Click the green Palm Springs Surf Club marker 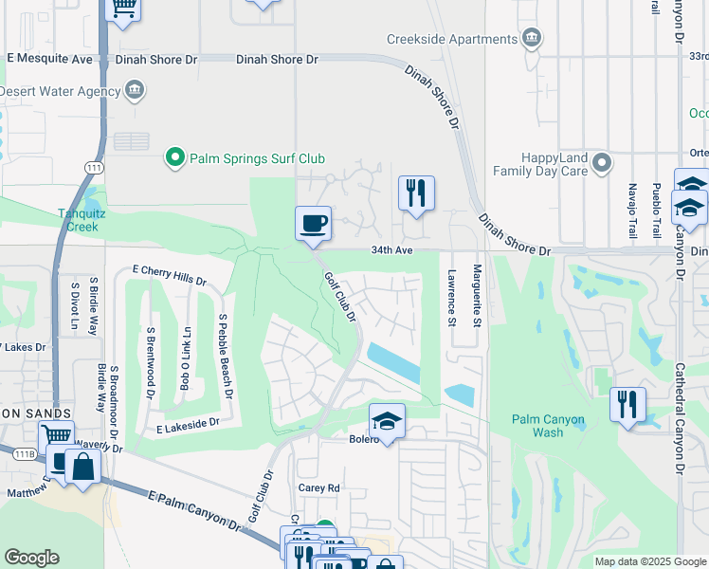click(x=174, y=157)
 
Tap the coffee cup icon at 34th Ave click(x=314, y=224)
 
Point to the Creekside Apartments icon click(x=532, y=39)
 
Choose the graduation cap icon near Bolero click(x=387, y=420)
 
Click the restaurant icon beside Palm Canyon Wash click(x=627, y=404)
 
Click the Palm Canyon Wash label click(x=548, y=426)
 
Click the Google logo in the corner click(x=31, y=558)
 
